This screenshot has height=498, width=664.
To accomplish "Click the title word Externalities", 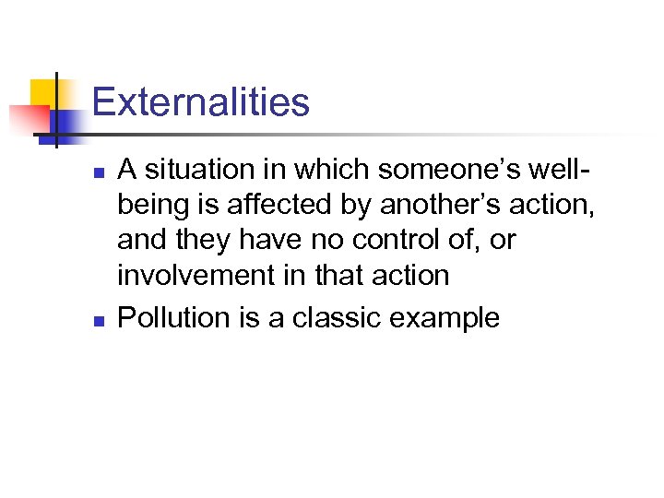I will click(x=201, y=102).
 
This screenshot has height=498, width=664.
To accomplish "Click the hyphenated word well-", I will click(x=563, y=170).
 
